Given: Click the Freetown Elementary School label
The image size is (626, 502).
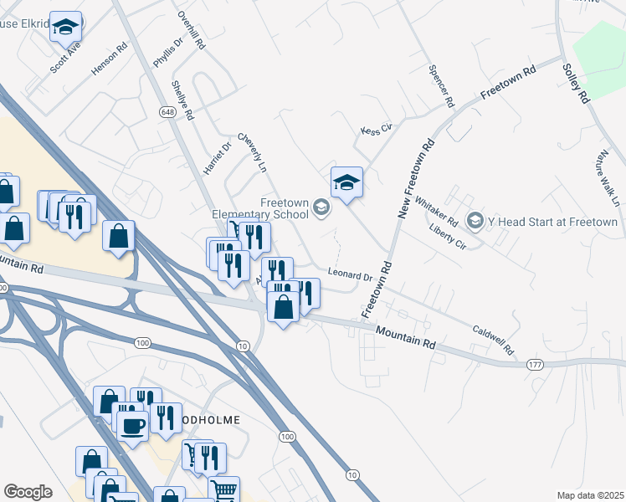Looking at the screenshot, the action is click(x=284, y=208).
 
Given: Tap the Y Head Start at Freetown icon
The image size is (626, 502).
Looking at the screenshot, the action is click(x=475, y=221).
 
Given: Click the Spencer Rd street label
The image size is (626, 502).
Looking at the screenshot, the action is click(x=440, y=87).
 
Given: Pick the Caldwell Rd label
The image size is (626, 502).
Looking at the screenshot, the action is click(x=490, y=340).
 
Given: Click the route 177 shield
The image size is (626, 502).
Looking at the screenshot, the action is click(x=533, y=365).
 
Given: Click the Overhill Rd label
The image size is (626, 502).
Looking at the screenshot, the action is click(x=192, y=32).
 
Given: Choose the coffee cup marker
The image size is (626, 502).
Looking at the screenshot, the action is click(x=133, y=425).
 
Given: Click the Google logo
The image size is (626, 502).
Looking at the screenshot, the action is click(x=28, y=492).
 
